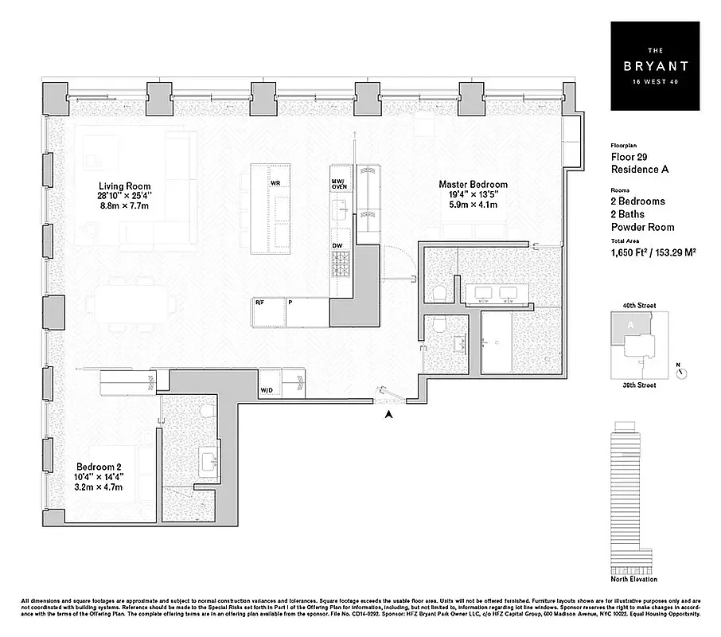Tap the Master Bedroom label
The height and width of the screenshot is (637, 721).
click(473, 185)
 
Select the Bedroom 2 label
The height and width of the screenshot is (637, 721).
click(97, 467)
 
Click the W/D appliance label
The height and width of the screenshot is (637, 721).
click(267, 390)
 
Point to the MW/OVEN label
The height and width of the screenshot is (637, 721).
click(339, 184)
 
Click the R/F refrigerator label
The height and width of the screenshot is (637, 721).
click(259, 303)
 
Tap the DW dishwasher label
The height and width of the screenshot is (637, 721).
click(337, 245)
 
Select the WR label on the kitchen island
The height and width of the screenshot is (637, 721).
click(275, 183)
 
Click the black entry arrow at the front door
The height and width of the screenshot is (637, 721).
click(388, 413)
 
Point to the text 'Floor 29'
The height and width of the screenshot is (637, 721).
click(629, 158)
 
